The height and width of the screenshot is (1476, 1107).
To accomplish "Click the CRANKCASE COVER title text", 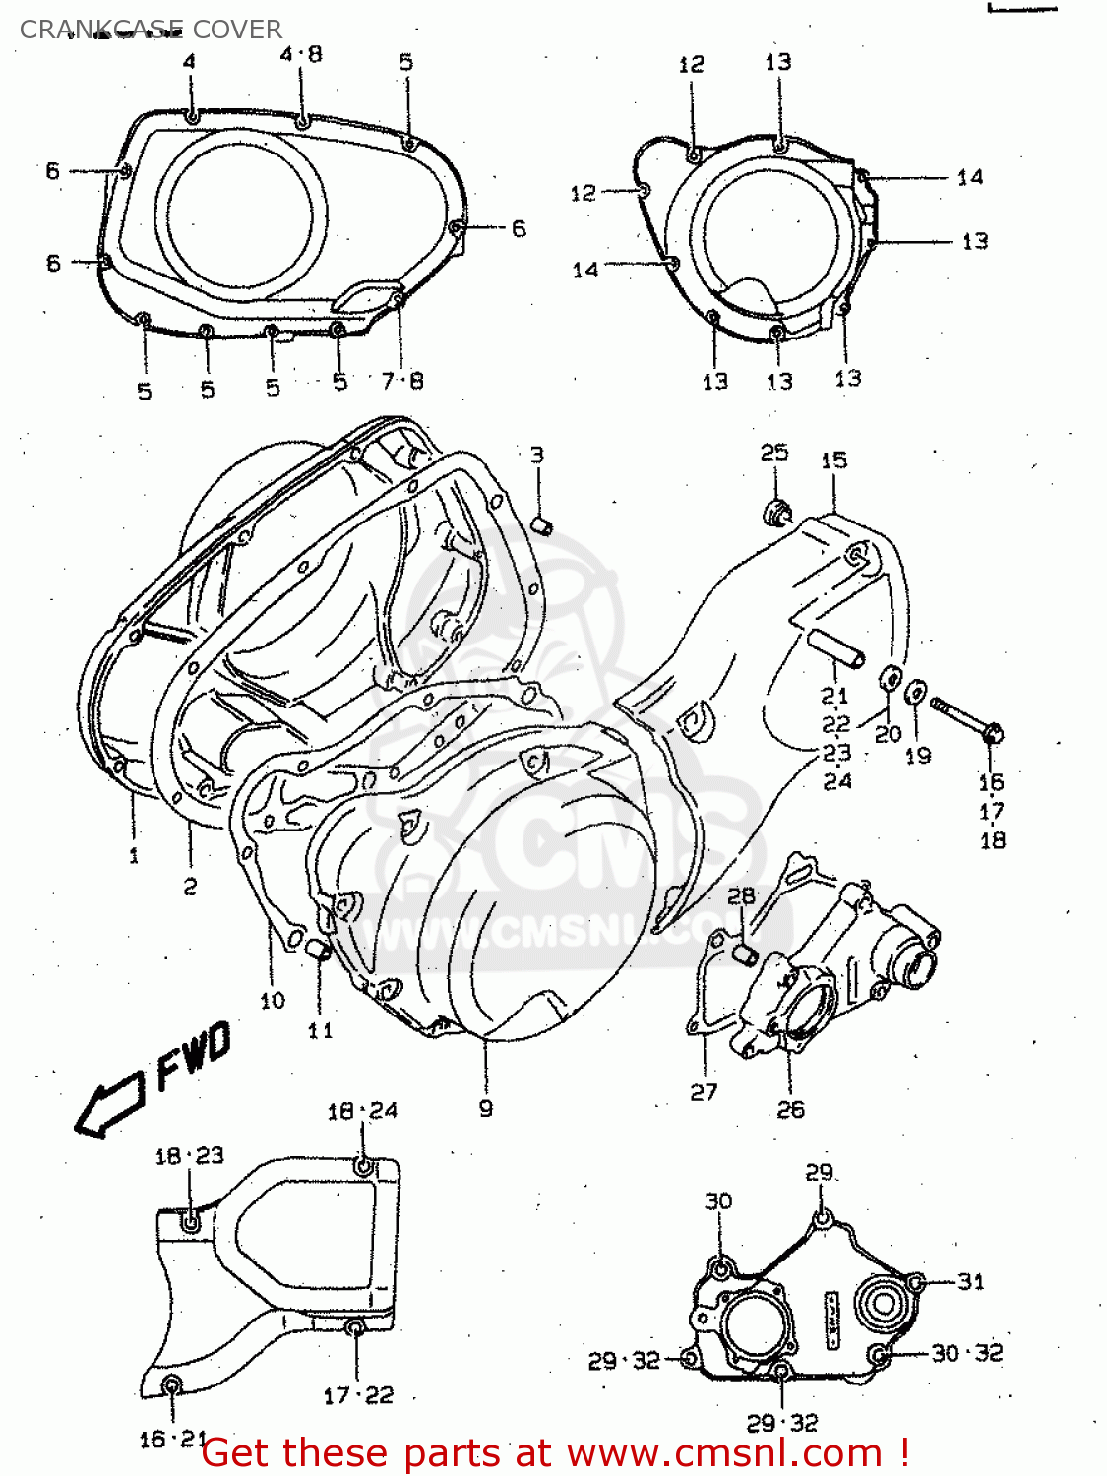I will click(x=151, y=30).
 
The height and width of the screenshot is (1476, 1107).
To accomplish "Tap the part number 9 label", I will click(x=485, y=1108).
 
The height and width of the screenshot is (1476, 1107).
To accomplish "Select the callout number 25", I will click(x=774, y=452).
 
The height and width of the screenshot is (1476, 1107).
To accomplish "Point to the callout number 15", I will click(x=833, y=460).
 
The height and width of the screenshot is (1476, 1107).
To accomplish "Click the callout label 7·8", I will click(x=401, y=380).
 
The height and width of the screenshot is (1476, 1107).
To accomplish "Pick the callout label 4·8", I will click(x=301, y=54).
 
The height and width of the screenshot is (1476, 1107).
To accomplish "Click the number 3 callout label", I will click(x=536, y=455).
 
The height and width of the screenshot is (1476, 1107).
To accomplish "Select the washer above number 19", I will click(x=915, y=692).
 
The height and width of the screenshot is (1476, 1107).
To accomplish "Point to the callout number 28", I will click(x=741, y=895).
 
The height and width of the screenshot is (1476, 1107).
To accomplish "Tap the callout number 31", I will click(x=970, y=1281).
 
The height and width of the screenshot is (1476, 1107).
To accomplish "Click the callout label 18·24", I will click(x=362, y=1111).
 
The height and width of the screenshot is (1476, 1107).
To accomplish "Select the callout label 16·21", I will click(x=173, y=1439).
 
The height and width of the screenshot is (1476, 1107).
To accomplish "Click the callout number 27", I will click(x=704, y=1092).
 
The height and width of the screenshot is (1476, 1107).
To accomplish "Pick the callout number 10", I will click(x=273, y=1001).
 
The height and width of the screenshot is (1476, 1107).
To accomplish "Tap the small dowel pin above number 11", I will click(x=316, y=948).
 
